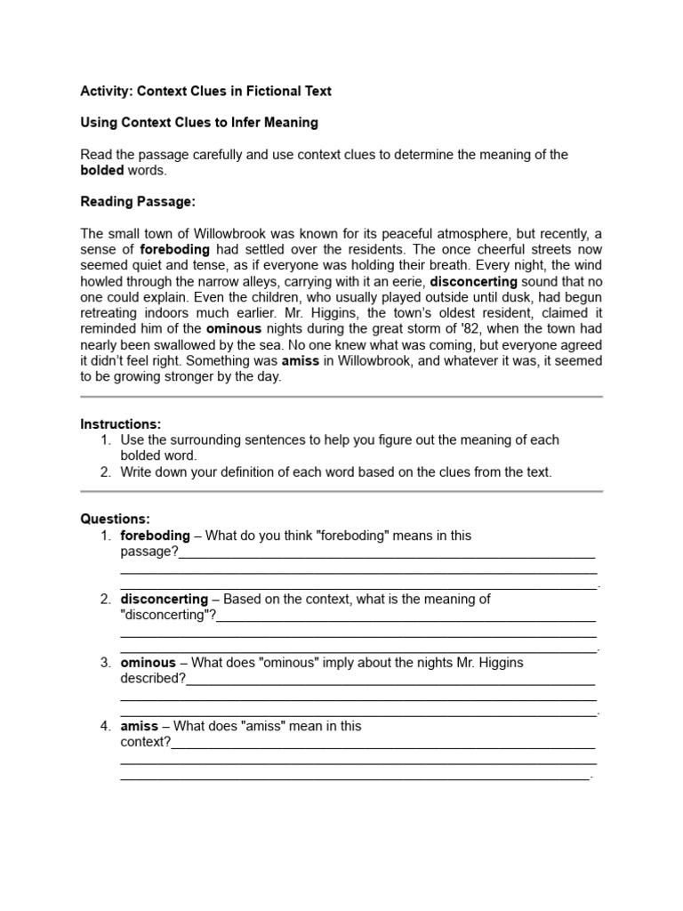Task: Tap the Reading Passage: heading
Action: (137, 202)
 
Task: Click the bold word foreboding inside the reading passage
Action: (175, 250)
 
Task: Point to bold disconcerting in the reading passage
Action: (473, 282)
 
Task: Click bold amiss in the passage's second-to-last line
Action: (300, 361)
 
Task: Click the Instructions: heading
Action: (121, 424)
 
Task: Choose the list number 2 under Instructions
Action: (105, 472)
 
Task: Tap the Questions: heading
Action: (116, 519)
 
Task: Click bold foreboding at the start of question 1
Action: (155, 536)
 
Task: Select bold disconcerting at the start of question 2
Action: (164, 599)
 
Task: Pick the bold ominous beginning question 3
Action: (148, 663)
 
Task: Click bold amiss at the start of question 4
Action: (139, 726)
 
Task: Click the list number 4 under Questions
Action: (105, 726)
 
